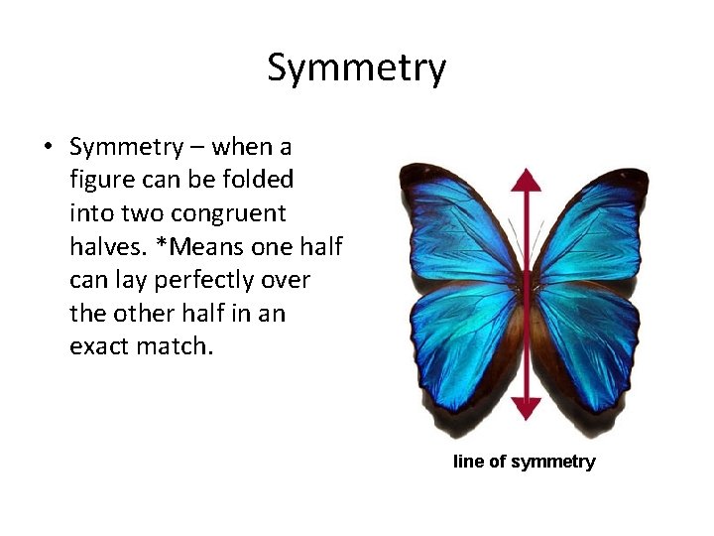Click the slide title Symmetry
[357, 68]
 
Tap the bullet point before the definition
[47, 149]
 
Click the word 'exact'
[102, 347]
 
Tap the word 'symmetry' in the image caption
[552, 462]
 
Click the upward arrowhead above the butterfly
[527, 180]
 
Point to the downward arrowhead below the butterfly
[527, 407]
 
